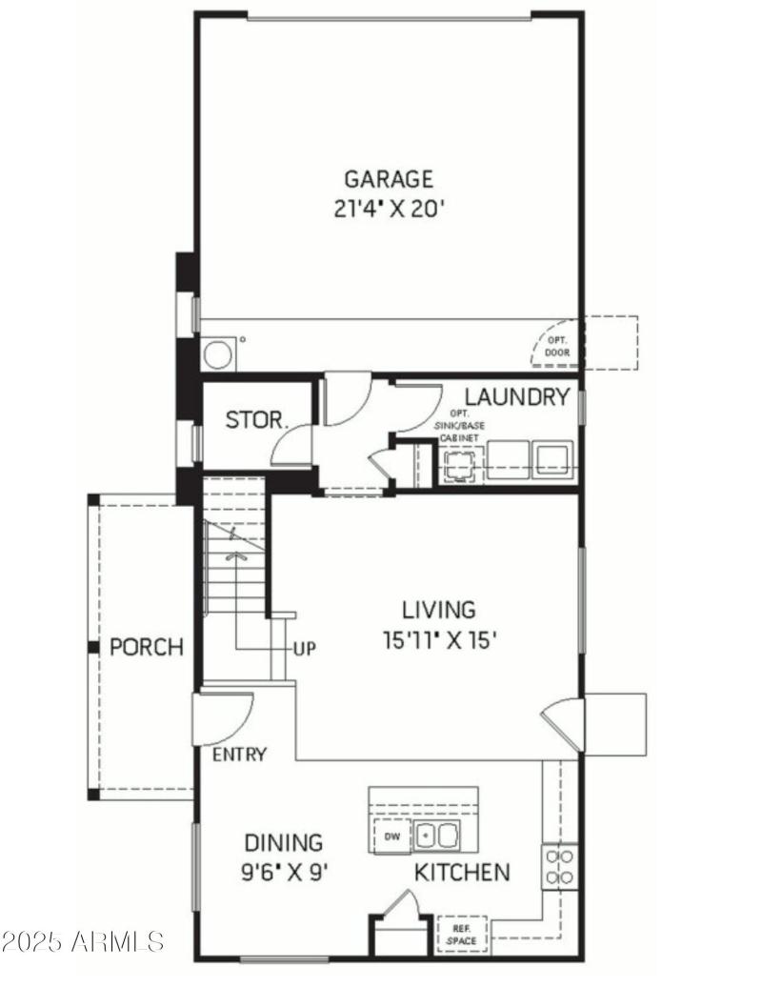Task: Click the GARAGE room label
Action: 388,178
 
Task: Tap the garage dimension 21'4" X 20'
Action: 389,210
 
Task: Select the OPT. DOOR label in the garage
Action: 555,347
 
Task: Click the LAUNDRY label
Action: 516,397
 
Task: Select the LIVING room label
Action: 437,609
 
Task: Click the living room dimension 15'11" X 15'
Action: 439,640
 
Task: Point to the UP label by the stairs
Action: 304,650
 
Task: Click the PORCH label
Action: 146,648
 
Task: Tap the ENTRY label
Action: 239,755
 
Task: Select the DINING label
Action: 283,842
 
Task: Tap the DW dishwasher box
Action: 391,836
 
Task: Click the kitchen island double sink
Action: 436,836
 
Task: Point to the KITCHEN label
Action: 461,872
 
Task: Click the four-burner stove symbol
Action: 559,866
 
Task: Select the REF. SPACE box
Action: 462,934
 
